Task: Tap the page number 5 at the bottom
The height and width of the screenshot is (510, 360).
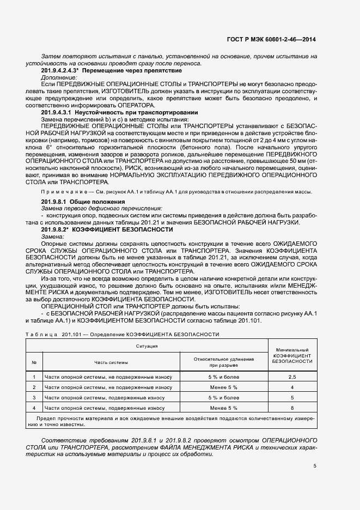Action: (x=314, y=465)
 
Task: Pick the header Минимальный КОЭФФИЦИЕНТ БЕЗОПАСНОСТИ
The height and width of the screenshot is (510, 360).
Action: (x=292, y=355)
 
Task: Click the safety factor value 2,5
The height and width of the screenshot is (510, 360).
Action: (x=292, y=377)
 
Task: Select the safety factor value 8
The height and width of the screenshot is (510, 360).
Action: (x=292, y=407)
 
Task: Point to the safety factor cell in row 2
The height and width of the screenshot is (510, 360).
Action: (x=292, y=387)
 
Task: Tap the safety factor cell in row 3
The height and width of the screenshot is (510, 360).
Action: (x=292, y=397)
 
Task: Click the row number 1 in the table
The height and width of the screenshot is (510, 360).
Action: (x=34, y=377)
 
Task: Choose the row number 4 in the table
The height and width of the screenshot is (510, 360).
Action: (x=34, y=407)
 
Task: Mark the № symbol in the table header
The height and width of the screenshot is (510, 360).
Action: (x=34, y=362)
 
